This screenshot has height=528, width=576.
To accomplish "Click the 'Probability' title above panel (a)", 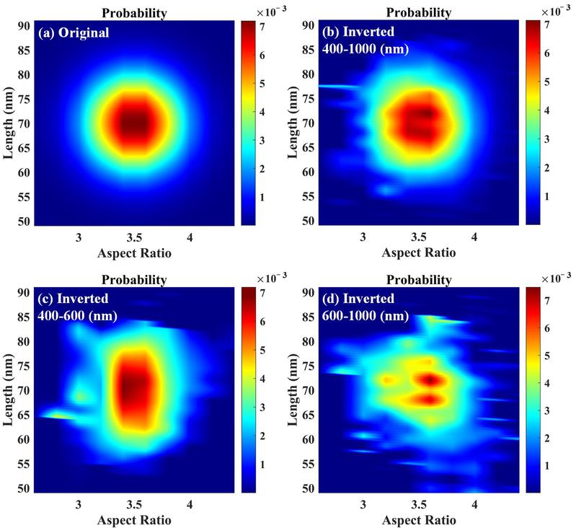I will tap(134, 12).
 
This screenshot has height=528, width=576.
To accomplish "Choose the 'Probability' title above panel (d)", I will tap(419, 279).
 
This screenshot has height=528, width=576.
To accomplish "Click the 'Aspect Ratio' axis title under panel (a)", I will tap(135, 253).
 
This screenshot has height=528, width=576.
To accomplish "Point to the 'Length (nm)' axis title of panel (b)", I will tap(294, 123).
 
